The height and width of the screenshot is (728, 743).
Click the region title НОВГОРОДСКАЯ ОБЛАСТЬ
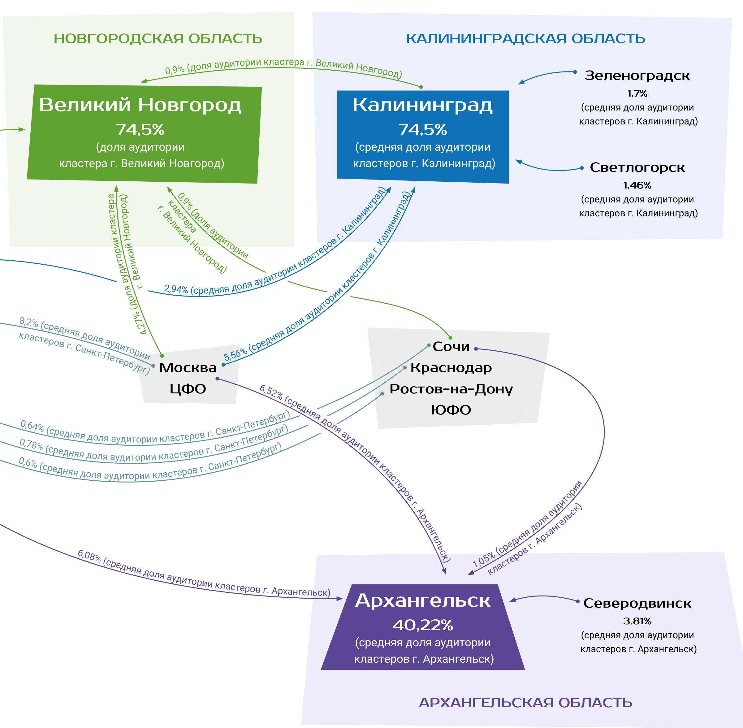158,39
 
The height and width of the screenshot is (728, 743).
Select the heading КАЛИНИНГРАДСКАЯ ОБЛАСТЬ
525,39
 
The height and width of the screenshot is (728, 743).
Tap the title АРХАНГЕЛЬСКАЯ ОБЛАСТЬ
525,703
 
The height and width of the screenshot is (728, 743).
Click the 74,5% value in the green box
140,130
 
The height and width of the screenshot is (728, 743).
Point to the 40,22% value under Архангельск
423,625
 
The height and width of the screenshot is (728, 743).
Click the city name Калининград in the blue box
422,105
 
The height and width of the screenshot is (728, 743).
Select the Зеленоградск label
637,76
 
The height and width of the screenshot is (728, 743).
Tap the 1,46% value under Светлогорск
637,185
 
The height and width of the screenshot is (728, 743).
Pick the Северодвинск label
637,603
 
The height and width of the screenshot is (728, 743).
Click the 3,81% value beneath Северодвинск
637,621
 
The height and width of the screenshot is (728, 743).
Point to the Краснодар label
451,368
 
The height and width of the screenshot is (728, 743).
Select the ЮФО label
451,410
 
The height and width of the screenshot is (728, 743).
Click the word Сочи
451,347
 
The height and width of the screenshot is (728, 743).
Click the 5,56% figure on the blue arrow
235,354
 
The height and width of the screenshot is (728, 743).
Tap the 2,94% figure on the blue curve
176,289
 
